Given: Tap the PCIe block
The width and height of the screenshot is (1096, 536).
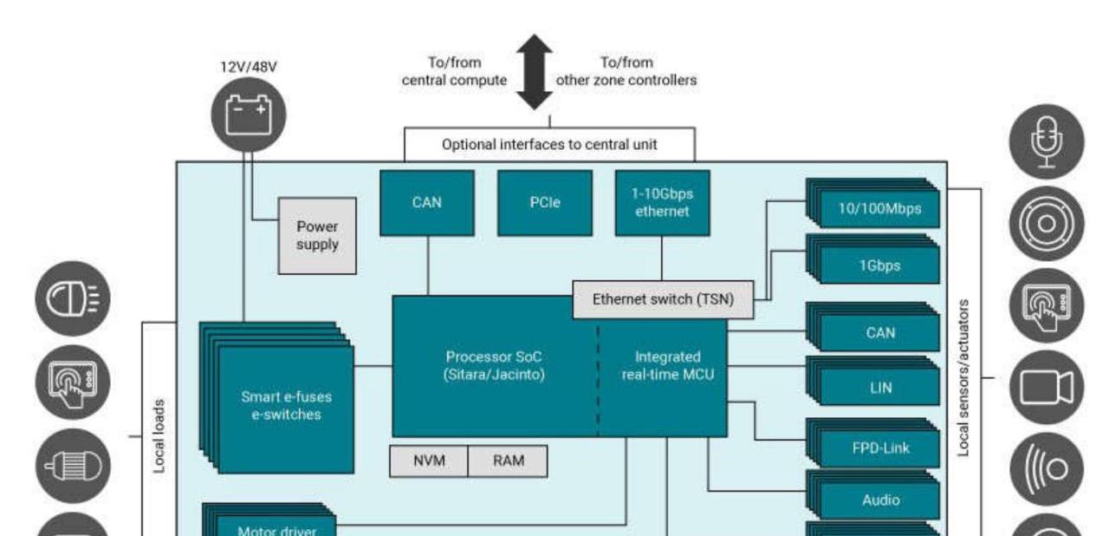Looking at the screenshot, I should (545, 202).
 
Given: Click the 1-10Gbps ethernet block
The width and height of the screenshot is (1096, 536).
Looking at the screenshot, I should (662, 202).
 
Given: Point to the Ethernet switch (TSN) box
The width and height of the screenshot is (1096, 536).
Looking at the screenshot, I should (662, 299).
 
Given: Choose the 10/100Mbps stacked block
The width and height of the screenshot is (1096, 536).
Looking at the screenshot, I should (879, 209).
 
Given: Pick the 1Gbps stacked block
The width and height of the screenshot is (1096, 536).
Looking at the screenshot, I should (879, 265).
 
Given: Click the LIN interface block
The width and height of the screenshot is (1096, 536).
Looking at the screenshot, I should (879, 388).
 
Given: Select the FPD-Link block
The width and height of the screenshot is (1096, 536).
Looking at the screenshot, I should (879, 448).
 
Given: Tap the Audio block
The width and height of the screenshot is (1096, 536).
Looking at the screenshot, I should (879, 500).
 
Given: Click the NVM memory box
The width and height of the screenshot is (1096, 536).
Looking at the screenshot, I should (429, 461).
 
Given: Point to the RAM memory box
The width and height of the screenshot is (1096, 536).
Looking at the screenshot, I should (508, 461).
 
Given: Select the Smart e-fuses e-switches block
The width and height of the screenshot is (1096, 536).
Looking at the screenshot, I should (286, 406).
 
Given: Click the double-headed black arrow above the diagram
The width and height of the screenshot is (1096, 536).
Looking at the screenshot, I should (537, 72).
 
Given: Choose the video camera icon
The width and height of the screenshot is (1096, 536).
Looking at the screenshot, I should (1046, 386).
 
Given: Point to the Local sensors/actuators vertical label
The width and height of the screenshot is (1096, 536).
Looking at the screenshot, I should (963, 379).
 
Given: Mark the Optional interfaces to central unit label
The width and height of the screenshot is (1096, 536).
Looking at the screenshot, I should (549, 145).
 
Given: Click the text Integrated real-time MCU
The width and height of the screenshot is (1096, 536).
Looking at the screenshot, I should (667, 366).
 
